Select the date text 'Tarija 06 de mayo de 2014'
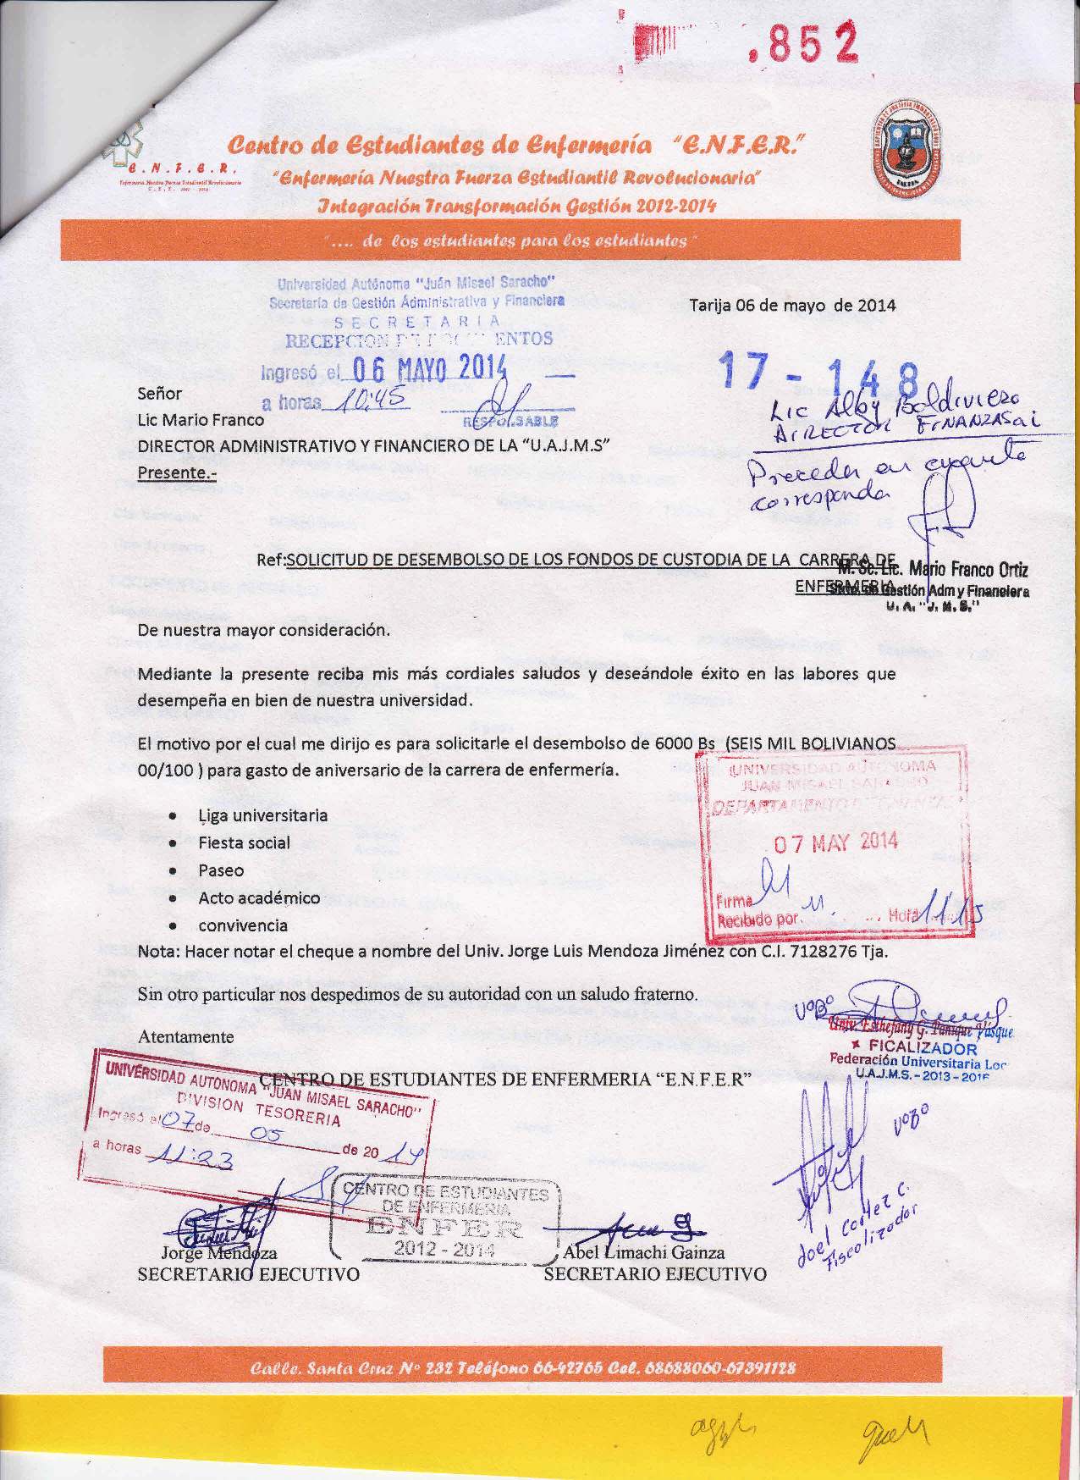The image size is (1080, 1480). tap(792, 306)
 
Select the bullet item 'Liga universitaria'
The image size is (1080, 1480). tap(262, 816)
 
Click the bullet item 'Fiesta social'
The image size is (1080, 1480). tap(244, 843)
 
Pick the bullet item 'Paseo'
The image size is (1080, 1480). tap(221, 870)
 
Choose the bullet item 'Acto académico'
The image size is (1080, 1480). tap(259, 898)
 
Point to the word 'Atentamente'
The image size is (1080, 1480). tap(186, 1036)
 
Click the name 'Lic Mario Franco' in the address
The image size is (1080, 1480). tap(201, 420)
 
